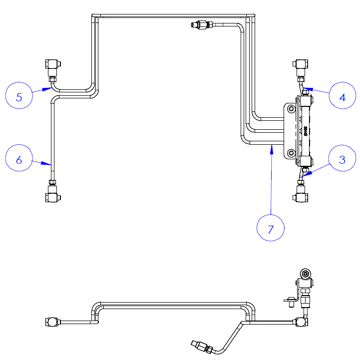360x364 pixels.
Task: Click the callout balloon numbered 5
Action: pos(19,96)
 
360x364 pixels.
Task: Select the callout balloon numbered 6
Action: pos(19,159)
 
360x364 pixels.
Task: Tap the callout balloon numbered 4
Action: pos(342,96)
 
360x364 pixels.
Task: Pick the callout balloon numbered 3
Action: pos(342,159)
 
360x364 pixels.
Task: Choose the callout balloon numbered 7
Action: pos(271,229)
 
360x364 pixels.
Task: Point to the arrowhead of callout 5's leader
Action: pos(48,89)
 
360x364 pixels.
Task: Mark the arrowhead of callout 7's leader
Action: pos(271,147)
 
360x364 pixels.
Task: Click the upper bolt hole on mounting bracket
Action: pos(292,108)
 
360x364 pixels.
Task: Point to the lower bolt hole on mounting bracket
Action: pos(292,153)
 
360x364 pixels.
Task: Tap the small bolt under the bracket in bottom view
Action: pos(289,301)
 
